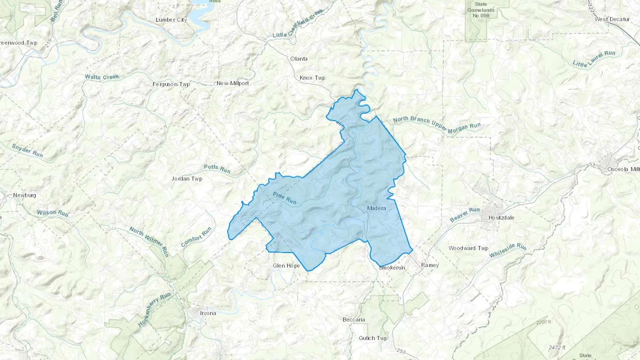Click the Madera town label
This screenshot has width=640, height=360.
(376, 208)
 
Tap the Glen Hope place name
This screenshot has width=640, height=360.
(286, 266)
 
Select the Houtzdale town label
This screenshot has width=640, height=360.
(501, 217)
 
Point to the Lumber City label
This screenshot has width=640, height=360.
(171, 20)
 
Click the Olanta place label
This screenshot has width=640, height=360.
(299, 59)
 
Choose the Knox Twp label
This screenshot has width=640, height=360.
(312, 78)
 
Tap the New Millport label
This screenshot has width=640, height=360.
(233, 83)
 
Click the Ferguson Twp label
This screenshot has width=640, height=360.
(171, 84)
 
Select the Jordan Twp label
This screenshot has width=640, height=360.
(187, 178)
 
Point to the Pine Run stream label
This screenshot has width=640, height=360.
(284, 198)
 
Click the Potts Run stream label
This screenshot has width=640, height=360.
(217, 169)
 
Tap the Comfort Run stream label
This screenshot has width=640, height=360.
(196, 237)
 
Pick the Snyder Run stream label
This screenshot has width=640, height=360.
(27, 151)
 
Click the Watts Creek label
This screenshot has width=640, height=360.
(102, 77)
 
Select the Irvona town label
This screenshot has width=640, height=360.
(208, 313)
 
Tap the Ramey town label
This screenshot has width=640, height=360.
(430, 265)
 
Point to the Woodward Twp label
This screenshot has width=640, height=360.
(468, 248)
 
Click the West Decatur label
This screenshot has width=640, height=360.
(612, 19)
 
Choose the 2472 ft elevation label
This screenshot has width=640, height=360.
(557, 348)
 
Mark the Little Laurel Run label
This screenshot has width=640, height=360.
(593, 59)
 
